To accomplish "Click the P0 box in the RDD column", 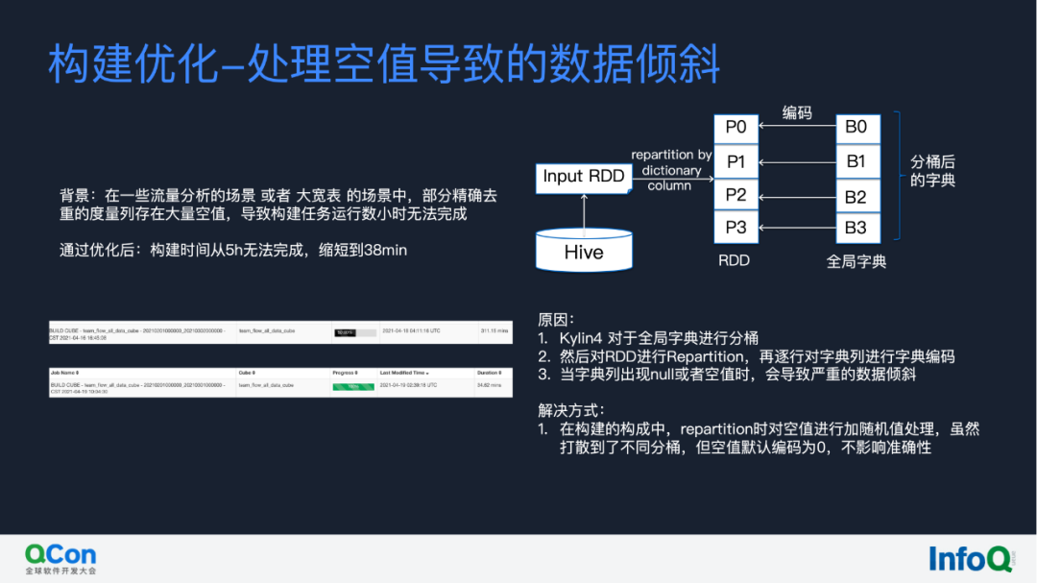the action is point(736,127).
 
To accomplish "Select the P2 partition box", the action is point(736,195).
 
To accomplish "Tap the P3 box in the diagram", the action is point(736,229).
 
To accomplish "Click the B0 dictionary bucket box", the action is point(856,127).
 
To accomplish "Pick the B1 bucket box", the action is point(856,161).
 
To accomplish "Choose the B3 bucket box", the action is point(856,229).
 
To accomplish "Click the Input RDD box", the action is point(584,176).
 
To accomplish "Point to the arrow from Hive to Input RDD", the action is point(584,208).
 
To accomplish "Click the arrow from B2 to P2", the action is point(796,196).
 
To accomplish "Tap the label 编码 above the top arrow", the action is point(797,113).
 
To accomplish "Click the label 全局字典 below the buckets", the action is point(856,261).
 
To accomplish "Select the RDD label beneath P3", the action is point(735,260).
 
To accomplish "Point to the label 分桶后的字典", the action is point(932,171).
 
